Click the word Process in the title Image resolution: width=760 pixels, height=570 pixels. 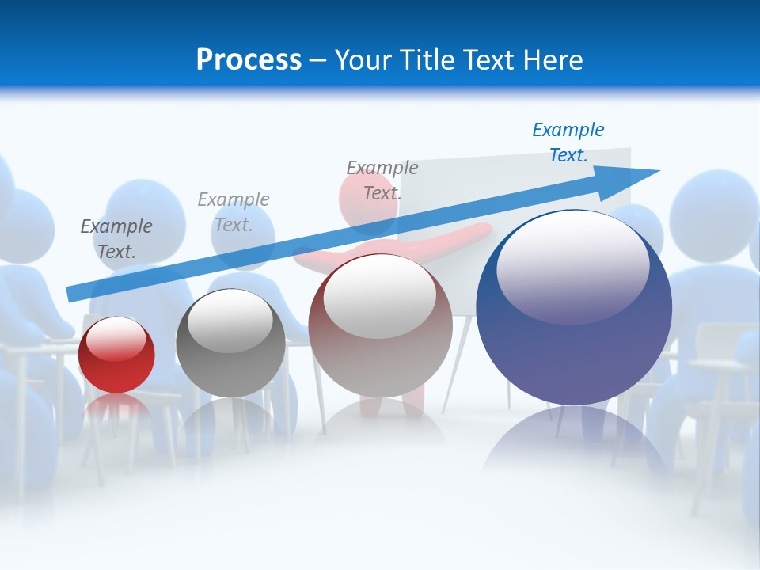click(x=249, y=60)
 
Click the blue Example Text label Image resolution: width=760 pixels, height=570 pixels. click(x=568, y=142)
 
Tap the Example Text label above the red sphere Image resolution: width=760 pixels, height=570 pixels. click(x=116, y=238)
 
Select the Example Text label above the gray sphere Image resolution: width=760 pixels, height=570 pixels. click(x=234, y=211)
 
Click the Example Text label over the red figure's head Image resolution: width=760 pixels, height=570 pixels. click(x=382, y=180)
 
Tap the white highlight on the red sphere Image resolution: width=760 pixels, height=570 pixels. click(x=116, y=339)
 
